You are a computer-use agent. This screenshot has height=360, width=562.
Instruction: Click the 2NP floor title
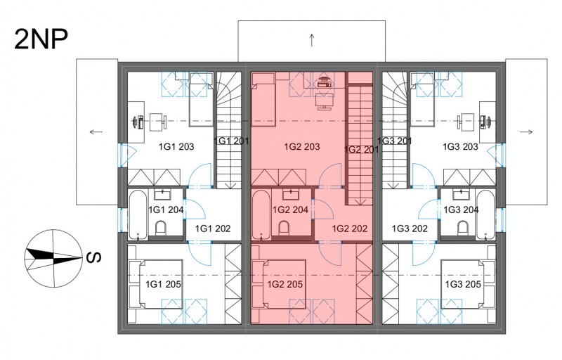[x=41, y=39]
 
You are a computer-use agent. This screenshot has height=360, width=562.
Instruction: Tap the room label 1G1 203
[x=176, y=146]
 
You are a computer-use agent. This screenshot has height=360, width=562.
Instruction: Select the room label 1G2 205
[x=285, y=284]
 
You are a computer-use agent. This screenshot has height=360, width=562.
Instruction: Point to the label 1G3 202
[x=410, y=229]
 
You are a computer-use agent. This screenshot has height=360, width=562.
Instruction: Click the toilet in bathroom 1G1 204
[x=161, y=229]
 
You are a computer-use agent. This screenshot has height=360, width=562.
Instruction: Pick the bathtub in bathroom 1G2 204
[x=261, y=214]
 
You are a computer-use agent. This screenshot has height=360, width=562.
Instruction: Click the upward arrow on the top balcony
[x=312, y=40]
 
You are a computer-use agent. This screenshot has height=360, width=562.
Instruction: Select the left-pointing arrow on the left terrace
[x=96, y=131]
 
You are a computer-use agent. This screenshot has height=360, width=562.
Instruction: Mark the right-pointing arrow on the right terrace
[x=525, y=131]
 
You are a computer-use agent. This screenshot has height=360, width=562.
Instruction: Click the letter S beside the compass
[x=94, y=257]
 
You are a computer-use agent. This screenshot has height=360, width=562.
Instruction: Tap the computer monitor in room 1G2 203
[x=325, y=102]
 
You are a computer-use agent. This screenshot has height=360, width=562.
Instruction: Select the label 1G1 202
[x=213, y=229]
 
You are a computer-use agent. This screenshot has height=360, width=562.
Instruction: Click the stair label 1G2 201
[x=361, y=150]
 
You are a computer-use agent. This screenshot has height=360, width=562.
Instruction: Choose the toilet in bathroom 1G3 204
[x=463, y=229]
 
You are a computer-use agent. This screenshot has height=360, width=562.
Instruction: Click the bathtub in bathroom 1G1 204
[x=138, y=214]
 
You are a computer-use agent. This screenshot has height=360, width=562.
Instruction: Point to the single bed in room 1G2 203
[x=263, y=100]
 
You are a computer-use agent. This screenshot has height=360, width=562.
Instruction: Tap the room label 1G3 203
[x=460, y=146]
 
